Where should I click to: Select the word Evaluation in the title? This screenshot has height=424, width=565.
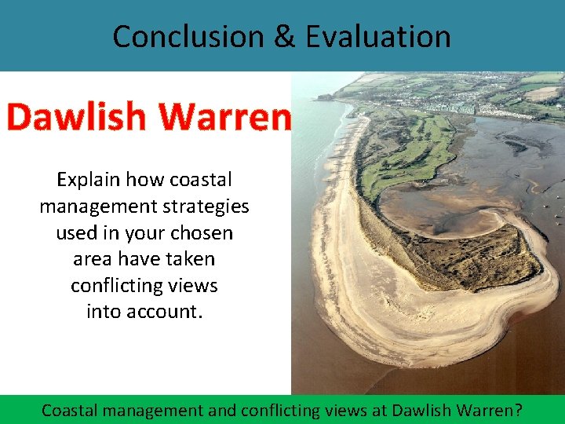tap(378, 36)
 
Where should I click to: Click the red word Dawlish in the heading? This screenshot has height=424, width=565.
tap(76, 117)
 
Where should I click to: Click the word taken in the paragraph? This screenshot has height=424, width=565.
tap(191, 259)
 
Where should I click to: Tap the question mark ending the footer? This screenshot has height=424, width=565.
tap(518, 410)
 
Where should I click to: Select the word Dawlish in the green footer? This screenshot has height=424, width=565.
tap(422, 410)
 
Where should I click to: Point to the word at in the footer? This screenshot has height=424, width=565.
tap(378, 410)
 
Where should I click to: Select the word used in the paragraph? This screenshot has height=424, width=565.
tap(75, 233)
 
